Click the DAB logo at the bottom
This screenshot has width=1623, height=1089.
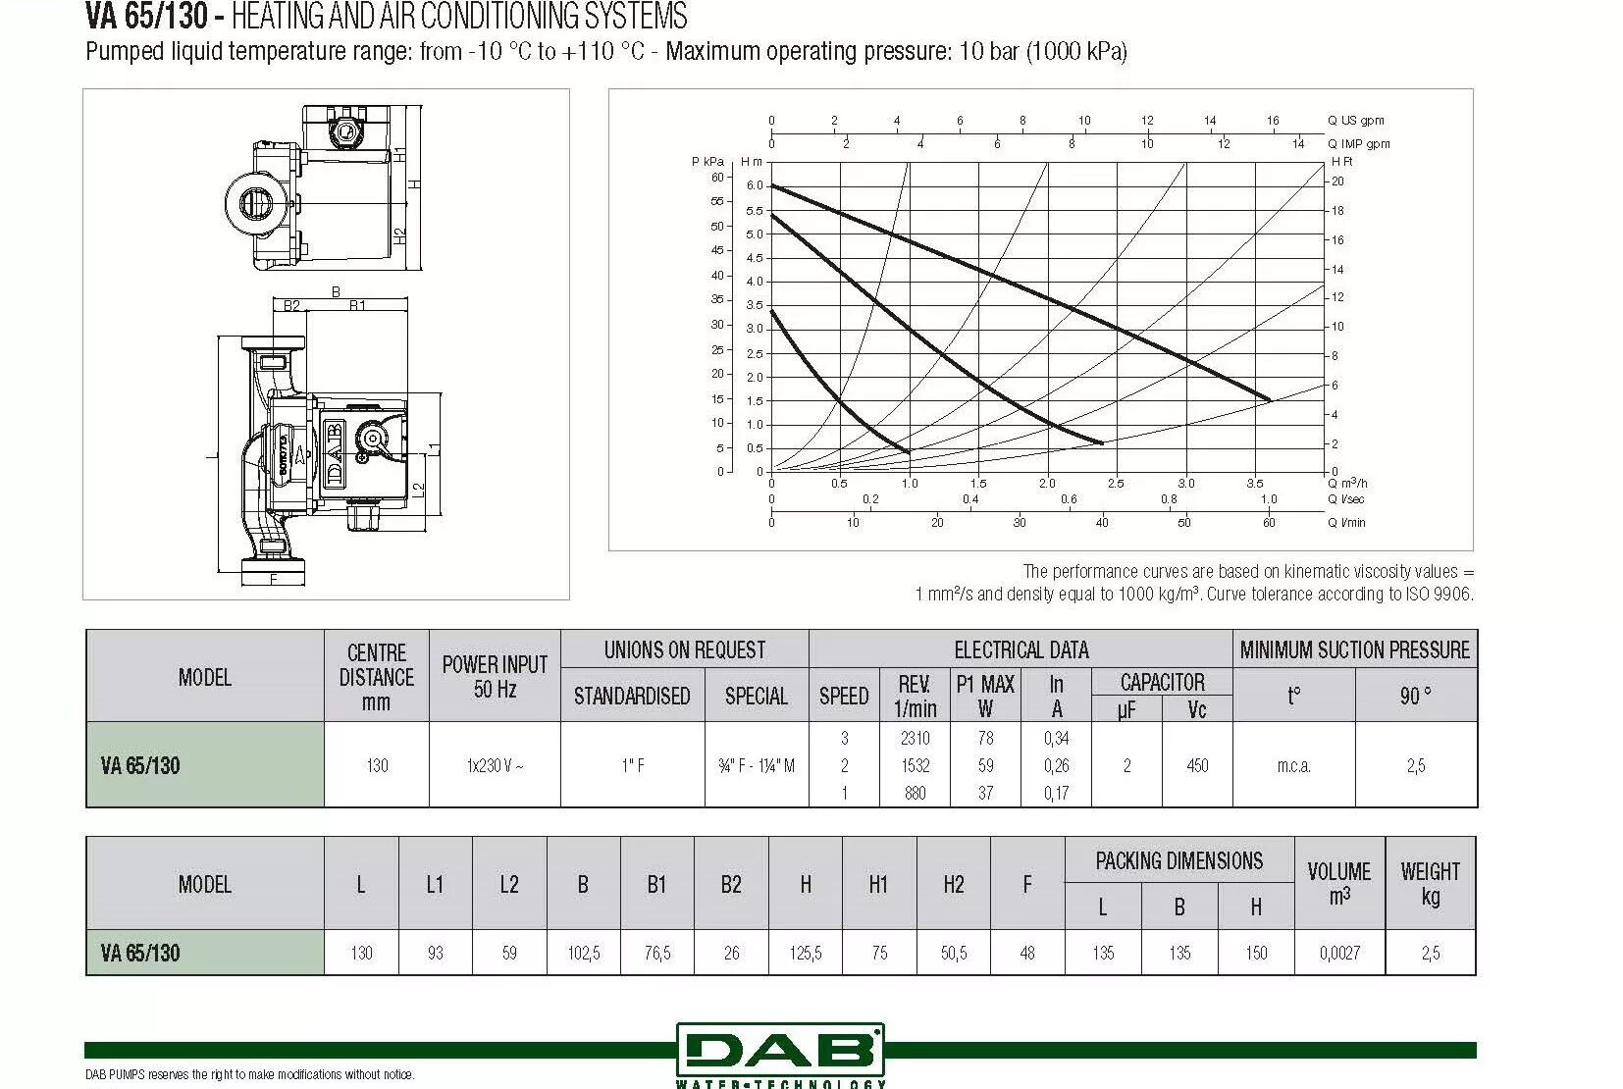click(x=780, y=1051)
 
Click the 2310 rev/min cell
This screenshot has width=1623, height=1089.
click(x=915, y=738)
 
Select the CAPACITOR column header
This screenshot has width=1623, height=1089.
click(x=1162, y=682)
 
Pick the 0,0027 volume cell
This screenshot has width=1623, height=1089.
click(x=1339, y=953)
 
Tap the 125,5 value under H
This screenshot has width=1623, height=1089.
click(x=806, y=953)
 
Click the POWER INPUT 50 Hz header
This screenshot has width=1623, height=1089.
click(x=495, y=676)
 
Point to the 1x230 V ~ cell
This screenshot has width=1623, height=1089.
click(x=495, y=765)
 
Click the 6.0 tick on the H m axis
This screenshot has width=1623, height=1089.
click(x=754, y=185)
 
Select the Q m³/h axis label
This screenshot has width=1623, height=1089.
click(x=1347, y=483)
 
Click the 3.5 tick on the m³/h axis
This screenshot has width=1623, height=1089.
click(x=1255, y=484)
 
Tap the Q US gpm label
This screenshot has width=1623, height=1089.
click(x=1355, y=121)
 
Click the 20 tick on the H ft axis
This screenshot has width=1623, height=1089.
click(x=1337, y=181)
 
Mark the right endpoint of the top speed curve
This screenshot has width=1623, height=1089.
click(x=1270, y=399)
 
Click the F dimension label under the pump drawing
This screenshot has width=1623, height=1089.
click(x=273, y=580)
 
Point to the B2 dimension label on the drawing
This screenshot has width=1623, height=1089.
click(x=291, y=306)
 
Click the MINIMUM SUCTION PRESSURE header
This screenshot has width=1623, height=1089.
click(x=1354, y=649)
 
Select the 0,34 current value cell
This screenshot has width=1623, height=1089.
click(x=1056, y=738)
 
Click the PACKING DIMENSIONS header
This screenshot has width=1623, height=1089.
click(x=1178, y=860)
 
